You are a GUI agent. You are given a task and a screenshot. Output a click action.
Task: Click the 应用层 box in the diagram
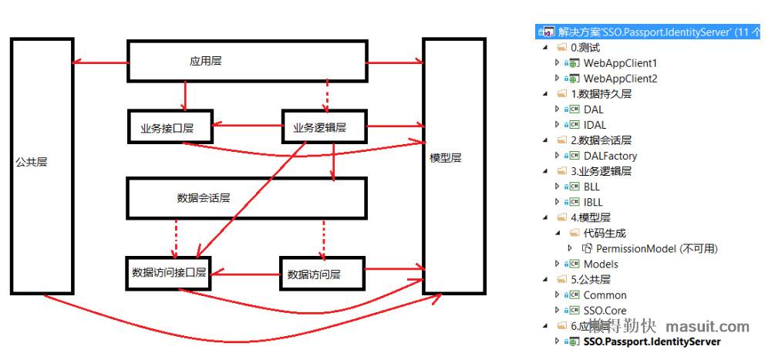click(x=245, y=62)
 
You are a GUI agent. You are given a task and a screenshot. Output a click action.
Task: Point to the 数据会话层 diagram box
click(x=245, y=197)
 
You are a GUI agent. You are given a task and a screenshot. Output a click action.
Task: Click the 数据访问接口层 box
click(x=169, y=273)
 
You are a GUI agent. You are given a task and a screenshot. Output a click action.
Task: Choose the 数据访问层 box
click(x=322, y=274)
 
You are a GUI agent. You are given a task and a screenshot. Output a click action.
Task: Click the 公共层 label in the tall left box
click(x=32, y=163)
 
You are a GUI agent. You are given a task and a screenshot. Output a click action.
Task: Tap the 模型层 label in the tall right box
click(x=445, y=158)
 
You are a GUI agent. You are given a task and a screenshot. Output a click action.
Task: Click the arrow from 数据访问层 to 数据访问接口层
click(x=245, y=271)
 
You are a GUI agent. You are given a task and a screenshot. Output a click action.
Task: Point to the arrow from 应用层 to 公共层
click(x=99, y=63)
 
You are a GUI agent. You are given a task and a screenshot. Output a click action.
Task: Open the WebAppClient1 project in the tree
click(x=620, y=63)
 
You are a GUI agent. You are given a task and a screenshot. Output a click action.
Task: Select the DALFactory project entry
click(x=610, y=156)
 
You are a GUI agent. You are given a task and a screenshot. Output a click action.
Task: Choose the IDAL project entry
click(x=595, y=125)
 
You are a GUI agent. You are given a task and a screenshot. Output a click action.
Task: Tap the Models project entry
click(x=601, y=264)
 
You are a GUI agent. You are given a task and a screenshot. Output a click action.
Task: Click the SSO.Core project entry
click(x=605, y=310)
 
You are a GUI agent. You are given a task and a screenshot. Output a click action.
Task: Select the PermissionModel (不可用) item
click(x=656, y=248)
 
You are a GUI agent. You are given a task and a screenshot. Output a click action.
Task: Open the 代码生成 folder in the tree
click(x=605, y=233)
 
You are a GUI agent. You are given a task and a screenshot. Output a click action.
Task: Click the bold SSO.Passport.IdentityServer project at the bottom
click(x=652, y=341)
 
